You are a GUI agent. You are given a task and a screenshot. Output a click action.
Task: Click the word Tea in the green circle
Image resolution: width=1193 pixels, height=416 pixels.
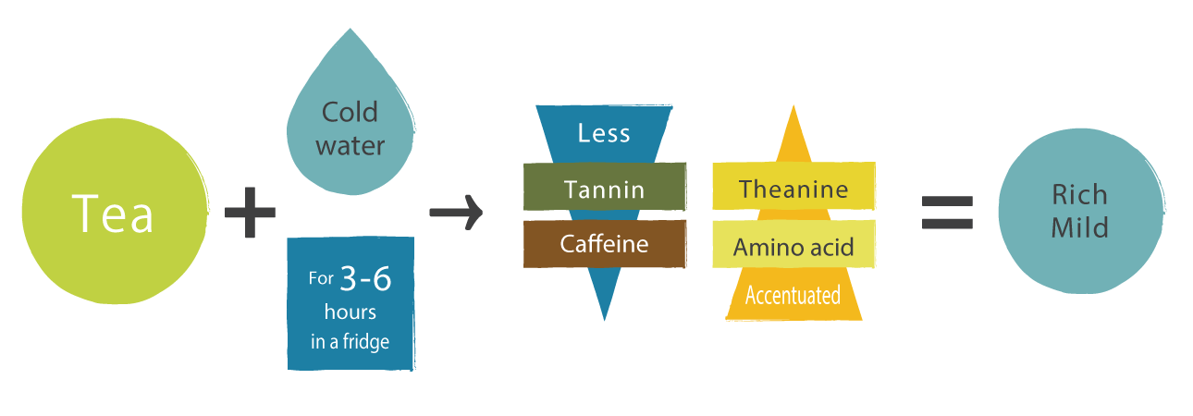click(x=114, y=214)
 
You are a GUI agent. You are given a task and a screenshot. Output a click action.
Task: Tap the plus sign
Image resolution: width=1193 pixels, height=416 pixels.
click(x=251, y=212)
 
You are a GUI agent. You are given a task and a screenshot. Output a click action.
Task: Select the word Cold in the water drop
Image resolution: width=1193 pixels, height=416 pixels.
click(x=350, y=113)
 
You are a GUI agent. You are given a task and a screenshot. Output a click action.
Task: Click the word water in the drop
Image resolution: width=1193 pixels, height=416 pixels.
click(x=350, y=146)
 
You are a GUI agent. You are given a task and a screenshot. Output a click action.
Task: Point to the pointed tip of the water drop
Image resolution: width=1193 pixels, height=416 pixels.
click(x=349, y=31)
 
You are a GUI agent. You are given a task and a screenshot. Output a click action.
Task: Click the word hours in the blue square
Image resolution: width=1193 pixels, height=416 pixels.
click(x=350, y=312)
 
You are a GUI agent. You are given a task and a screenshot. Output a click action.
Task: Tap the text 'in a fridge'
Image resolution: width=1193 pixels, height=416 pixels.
click(x=350, y=341)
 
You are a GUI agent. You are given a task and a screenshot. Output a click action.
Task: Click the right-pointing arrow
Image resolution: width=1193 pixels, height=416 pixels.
click(x=456, y=213)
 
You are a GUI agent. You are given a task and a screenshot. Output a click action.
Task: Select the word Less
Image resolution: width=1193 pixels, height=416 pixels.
click(x=604, y=133)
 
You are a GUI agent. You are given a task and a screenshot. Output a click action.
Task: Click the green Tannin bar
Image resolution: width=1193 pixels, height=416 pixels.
click(x=604, y=190)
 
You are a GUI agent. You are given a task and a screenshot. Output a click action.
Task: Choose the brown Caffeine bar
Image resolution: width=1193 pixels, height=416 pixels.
click(x=604, y=244)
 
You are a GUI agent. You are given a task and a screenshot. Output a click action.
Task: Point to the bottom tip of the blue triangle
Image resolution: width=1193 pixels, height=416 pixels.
click(x=604, y=318)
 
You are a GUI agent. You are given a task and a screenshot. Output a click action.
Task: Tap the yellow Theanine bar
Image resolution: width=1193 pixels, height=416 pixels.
click(x=793, y=190)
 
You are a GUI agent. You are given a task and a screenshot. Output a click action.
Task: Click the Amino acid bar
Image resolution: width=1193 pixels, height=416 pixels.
click(x=793, y=247)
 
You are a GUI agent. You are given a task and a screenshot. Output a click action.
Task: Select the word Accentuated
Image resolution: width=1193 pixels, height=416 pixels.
click(x=793, y=296)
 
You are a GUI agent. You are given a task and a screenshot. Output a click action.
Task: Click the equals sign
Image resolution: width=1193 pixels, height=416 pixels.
click(x=947, y=212)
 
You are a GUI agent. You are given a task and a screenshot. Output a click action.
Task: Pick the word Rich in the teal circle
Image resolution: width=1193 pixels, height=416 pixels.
click(x=1079, y=195)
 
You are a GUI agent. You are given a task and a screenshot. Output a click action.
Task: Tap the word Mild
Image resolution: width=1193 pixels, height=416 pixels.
click(x=1079, y=227)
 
